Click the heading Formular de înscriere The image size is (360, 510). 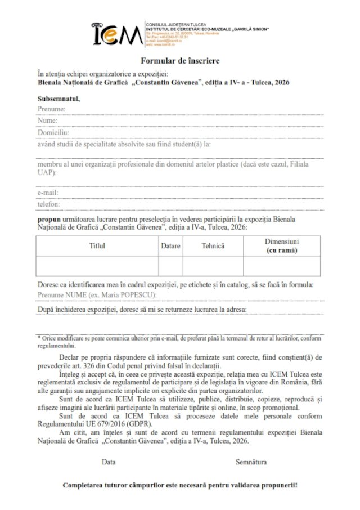(180, 60)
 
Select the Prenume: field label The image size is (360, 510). (52, 109)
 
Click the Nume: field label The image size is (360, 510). (47, 120)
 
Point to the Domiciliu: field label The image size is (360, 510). (53, 133)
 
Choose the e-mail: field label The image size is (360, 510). (48, 193)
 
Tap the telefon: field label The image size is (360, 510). (48, 204)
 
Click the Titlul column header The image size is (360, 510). (97, 246)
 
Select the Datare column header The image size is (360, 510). (170, 246)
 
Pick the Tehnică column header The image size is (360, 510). (213, 246)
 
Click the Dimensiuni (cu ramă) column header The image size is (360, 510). (282, 245)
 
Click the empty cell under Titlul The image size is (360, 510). (97, 266)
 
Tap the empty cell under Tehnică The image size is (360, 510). (213, 266)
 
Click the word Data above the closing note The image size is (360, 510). (109, 462)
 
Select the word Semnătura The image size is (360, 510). (251, 462)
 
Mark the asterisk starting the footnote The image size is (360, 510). (39, 338)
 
